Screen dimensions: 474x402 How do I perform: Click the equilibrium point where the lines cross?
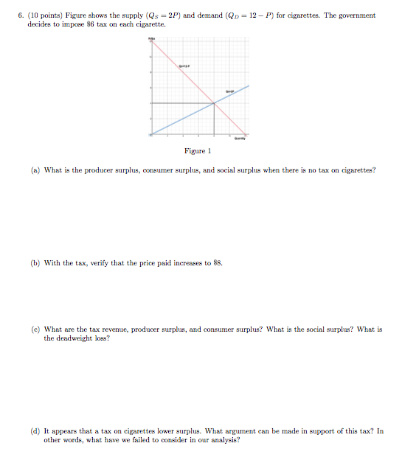pyautogui.click(x=215, y=102)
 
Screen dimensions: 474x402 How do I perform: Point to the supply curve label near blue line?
pyautogui.click(x=230, y=91)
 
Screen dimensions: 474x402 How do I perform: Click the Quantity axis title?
pyautogui.click(x=240, y=139)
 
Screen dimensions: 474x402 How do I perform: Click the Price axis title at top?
pyautogui.click(x=152, y=37)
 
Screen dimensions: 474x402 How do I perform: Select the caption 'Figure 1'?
pyautogui.click(x=198, y=151)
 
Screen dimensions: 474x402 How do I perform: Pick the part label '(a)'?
pyautogui.click(x=35, y=170)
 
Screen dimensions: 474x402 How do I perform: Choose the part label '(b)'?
pyautogui.click(x=35, y=262)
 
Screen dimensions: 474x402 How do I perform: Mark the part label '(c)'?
pyautogui.click(x=35, y=330)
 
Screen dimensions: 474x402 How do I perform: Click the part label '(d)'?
pyautogui.click(x=35, y=431)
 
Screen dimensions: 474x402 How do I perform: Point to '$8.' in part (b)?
pyautogui.click(x=217, y=262)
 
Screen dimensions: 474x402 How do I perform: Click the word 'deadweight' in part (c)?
pyautogui.click(x=63, y=338)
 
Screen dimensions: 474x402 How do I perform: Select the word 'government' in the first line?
pyautogui.click(x=355, y=15)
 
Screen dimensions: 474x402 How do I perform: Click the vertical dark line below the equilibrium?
pyautogui.click(x=215, y=119)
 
